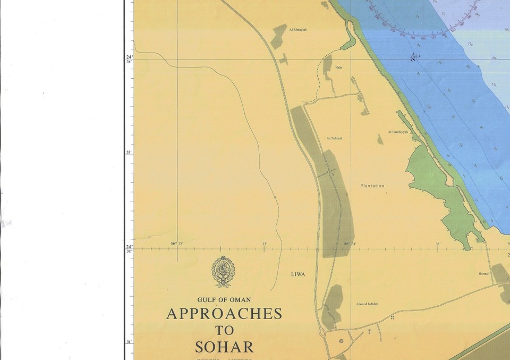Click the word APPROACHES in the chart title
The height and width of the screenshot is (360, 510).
coord(224,314)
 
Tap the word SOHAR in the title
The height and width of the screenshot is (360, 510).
coord(224,347)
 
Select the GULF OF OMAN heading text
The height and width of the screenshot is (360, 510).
coord(224,300)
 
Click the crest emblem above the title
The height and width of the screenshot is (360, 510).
coord(224,271)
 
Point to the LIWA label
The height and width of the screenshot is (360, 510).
coord(298,274)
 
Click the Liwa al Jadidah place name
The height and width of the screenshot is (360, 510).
coord(367,304)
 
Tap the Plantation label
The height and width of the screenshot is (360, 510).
coord(372,186)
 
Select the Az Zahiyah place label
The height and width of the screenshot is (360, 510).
coord(334,138)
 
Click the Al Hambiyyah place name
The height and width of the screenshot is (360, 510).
coord(397,132)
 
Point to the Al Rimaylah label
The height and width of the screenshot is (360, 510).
coord(298,30)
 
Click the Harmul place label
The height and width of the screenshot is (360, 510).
coord(483,274)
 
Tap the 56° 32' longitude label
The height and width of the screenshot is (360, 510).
coord(177,244)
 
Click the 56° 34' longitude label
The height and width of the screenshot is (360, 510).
coord(350,244)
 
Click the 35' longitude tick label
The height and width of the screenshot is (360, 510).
coord(438,244)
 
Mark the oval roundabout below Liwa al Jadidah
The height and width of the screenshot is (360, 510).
coord(322,333)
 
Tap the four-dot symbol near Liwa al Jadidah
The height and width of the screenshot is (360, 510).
coord(393,317)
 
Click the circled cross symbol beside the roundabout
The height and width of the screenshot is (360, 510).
coord(342,340)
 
